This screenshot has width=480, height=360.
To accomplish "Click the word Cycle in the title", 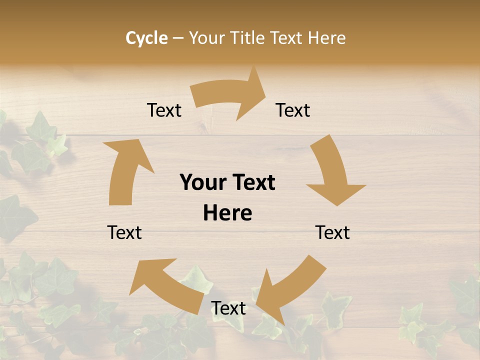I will coord(146,38).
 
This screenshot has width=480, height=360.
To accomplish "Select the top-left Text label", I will coord(164,110).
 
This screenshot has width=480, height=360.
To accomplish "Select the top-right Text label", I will coord(293,110).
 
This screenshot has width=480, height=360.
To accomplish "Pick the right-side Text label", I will coord(332,232).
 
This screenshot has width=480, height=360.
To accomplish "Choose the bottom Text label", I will coord(228,308).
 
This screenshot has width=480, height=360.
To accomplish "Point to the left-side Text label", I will coord(124,232).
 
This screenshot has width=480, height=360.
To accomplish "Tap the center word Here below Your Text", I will coord(227,213).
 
